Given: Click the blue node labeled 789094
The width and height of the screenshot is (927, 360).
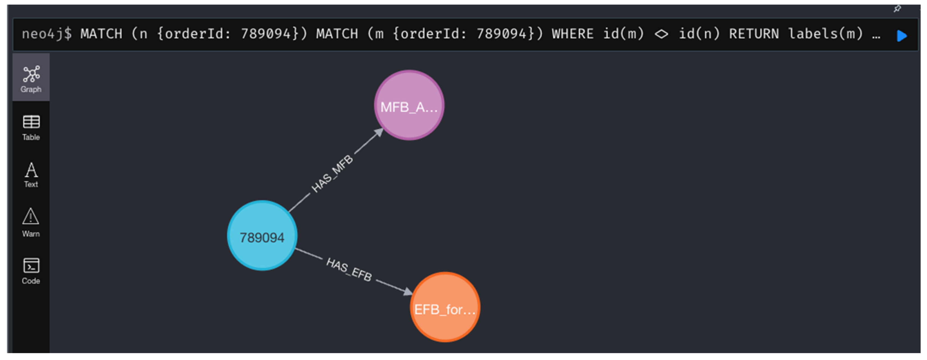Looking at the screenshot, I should tap(262, 236).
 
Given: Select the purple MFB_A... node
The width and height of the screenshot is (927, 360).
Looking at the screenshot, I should tap(409, 106).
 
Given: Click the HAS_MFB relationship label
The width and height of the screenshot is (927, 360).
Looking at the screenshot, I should tap(332, 173).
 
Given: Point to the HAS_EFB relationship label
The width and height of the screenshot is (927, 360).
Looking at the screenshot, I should tap(349, 269).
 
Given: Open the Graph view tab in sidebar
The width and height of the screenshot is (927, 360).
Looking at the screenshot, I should tap(31, 79).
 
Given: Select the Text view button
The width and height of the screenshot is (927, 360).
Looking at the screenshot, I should tap(31, 175).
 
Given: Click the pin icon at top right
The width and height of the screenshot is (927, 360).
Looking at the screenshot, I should tap(897, 9).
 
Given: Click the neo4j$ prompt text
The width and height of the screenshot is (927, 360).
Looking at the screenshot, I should tap(46, 34).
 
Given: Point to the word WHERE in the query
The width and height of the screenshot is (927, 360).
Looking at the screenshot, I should tap(572, 34).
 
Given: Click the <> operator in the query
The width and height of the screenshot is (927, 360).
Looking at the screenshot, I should tap(661, 34).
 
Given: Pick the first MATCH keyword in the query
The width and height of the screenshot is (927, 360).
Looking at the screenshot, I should tap(101, 34).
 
